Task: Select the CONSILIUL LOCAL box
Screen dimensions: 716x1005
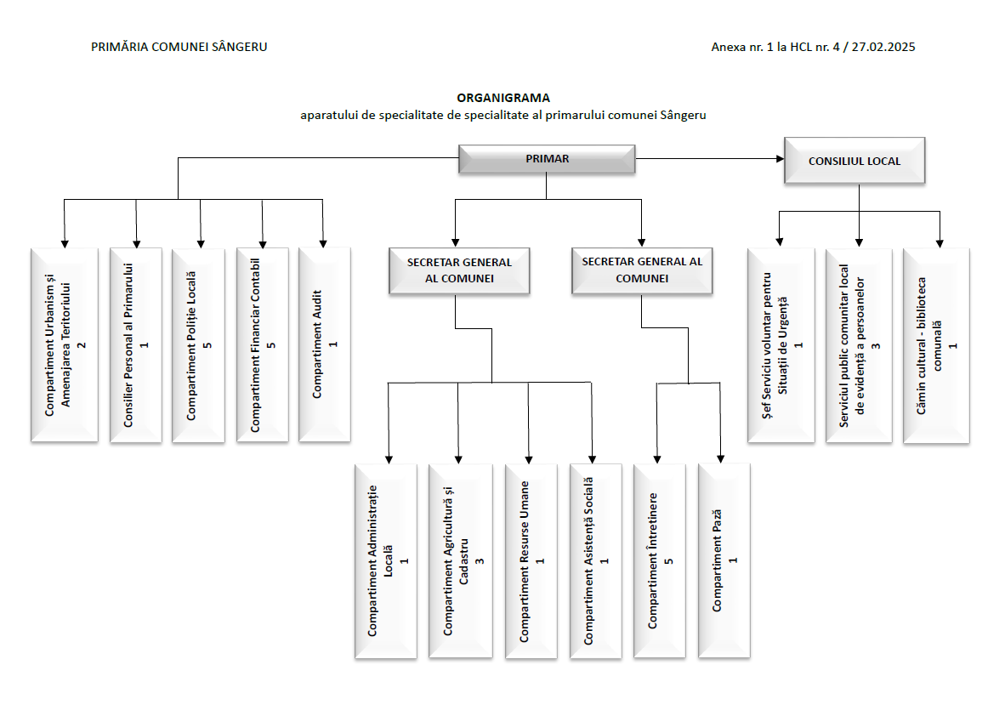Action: point(855,160)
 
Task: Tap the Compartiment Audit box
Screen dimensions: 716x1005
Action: point(324,344)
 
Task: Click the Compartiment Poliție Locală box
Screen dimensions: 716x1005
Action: point(198,344)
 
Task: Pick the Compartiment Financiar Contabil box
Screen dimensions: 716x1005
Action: point(262,344)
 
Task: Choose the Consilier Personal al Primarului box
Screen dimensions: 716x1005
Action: point(135,344)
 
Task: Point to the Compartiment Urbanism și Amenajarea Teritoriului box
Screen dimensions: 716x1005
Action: point(65,344)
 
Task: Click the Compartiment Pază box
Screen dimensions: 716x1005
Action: point(724,560)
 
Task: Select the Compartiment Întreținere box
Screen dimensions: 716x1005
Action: point(659,560)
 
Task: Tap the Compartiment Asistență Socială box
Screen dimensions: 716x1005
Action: point(595,560)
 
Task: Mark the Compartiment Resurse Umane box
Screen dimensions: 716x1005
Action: point(531,560)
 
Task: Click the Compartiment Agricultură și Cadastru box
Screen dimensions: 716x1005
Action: point(460,560)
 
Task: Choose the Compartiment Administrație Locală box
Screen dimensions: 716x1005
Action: point(386,560)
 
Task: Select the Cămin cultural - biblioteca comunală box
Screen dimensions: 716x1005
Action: point(936,345)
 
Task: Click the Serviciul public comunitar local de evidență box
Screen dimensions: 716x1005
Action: point(858,345)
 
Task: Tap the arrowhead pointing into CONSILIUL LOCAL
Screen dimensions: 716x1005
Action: point(779,159)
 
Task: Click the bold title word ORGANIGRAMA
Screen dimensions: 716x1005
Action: point(503,98)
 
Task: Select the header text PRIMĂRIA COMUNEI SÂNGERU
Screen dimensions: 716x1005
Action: point(179,47)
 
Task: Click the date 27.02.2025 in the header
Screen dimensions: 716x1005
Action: point(882,47)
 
